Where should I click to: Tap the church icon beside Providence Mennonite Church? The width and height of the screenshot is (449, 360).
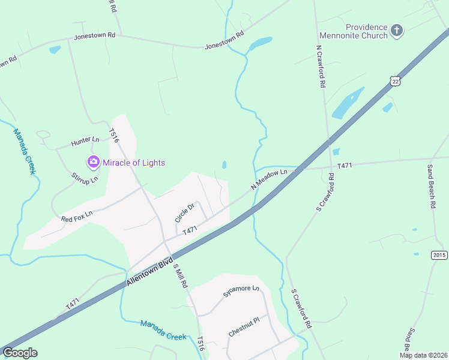coord(396,29)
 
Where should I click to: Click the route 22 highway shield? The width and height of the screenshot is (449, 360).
coord(394,80)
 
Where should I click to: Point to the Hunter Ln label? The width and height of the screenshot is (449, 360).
coord(85,142)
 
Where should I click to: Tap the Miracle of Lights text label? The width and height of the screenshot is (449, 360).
coord(133,163)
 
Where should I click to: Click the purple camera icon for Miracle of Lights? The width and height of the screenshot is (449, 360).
coord(93,162)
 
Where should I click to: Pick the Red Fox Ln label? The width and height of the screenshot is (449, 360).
coord(77,216)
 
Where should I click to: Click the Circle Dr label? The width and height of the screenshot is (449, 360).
coord(185,213)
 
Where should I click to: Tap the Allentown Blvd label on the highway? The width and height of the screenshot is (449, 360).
coord(149,272)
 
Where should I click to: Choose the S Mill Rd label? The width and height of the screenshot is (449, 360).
coord(179,276)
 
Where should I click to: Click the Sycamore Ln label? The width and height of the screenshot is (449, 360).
coord(241,291)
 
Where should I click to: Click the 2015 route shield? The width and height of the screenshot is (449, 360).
coord(439,255)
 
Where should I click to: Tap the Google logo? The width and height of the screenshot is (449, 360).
coord(20,353)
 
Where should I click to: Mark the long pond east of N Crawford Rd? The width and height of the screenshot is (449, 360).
coord(348,103)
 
